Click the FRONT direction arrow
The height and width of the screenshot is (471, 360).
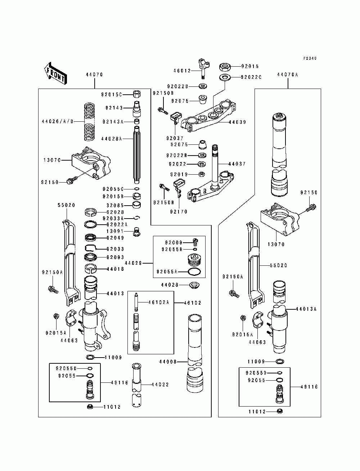coord(55,73)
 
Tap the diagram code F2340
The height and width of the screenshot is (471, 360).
coord(310,58)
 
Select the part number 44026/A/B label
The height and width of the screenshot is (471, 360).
coord(58,121)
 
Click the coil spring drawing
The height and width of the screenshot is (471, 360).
coord(89,122)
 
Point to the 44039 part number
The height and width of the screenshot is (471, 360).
coord(237,122)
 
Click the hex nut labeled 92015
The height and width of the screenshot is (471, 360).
coord(225,67)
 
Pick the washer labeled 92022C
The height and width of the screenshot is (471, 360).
coord(225,77)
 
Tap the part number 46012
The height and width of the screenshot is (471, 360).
coord(182,71)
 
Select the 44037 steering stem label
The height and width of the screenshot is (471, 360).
coord(237,164)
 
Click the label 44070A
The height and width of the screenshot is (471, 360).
coord(288,75)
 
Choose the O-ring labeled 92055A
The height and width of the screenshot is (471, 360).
coord(194,272)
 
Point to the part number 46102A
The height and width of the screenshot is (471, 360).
coord(158,302)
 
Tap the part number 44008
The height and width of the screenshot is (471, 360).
coord(168,362)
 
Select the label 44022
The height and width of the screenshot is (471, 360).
coord(160,385)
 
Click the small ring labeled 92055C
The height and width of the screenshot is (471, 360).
coord(137,189)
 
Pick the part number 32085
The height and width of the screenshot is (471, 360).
coord(115,205)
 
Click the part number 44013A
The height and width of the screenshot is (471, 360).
coord(306,309)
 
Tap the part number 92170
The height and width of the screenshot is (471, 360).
coord(179,212)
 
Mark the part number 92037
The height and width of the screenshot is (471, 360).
coord(175,138)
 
